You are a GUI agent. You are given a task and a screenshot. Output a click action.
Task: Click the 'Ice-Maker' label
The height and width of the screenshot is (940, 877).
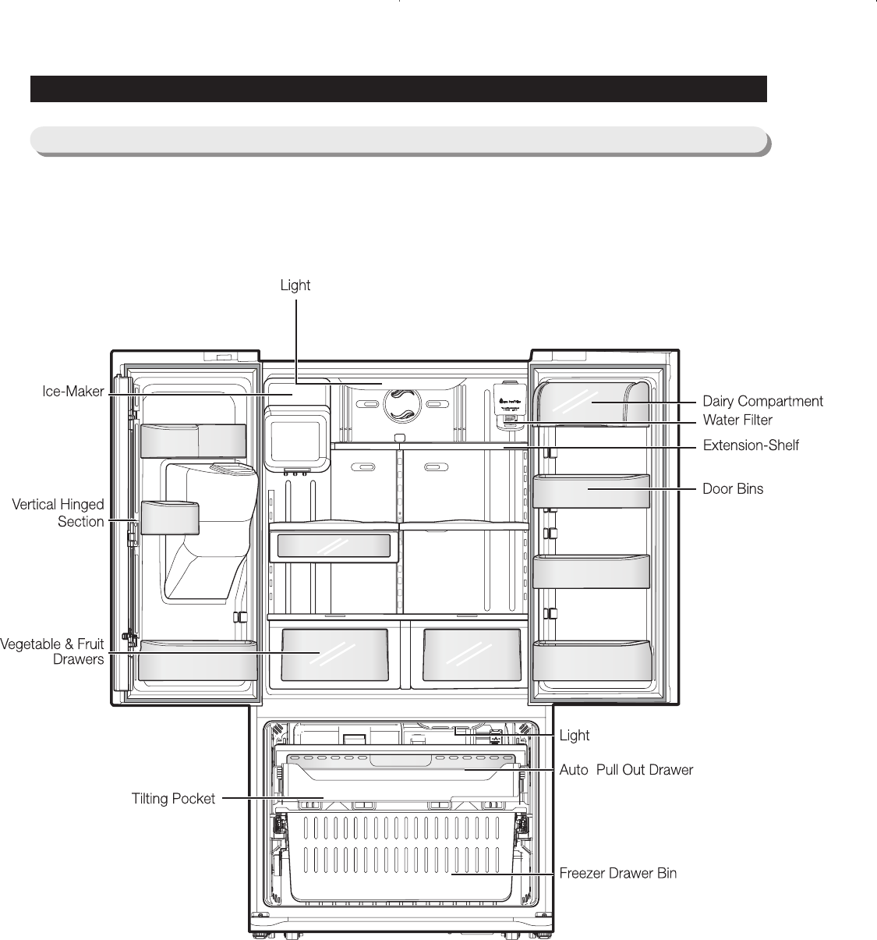[x=72, y=392]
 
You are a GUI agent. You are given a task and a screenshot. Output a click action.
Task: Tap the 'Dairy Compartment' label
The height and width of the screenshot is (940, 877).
[x=762, y=402]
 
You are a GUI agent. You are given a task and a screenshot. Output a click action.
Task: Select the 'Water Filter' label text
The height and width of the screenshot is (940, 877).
[x=737, y=420]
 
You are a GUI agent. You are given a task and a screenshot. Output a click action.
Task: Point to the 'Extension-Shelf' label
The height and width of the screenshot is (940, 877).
[x=751, y=446]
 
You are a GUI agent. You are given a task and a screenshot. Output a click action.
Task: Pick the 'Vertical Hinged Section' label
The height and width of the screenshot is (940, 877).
[x=58, y=513]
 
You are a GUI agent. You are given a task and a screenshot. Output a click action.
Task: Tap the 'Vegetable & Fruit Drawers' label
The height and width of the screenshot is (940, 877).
[x=52, y=652]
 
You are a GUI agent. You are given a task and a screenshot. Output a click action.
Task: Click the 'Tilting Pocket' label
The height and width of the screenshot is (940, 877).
[x=173, y=799]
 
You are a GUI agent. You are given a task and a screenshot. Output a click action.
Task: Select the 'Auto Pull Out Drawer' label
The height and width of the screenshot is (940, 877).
[x=626, y=770]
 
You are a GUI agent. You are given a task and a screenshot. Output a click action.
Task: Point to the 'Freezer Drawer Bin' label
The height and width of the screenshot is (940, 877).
[x=617, y=874]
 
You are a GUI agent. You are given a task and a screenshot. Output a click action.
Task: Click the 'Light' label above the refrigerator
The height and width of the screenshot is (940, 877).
[x=295, y=286]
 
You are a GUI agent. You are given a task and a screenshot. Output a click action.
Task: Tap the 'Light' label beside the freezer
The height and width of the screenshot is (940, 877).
[x=575, y=736]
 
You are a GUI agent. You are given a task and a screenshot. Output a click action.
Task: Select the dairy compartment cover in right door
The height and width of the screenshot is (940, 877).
[x=592, y=402]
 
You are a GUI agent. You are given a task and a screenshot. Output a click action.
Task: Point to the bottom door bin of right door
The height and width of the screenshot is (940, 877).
[x=592, y=660]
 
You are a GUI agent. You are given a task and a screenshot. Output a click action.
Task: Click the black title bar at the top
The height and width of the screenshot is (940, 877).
[x=398, y=89]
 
